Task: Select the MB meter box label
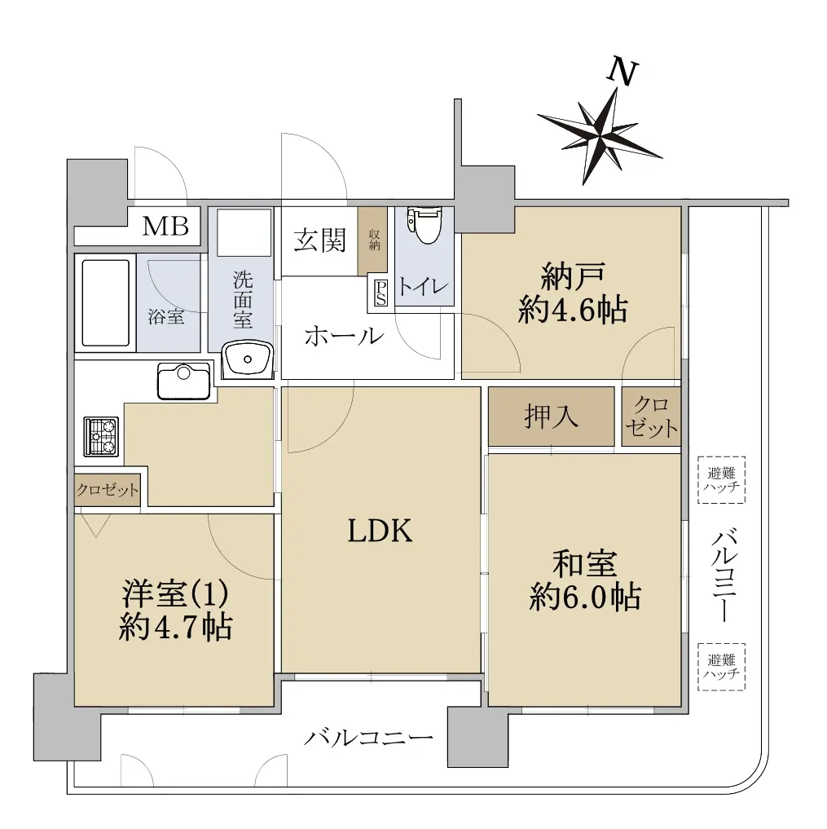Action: click(165, 226)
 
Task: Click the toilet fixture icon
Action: click(423, 226)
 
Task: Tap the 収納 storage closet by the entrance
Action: click(374, 240)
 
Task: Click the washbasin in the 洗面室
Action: click(247, 359)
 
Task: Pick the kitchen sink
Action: click(184, 381)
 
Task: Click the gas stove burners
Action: click(101, 436)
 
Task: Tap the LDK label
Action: click(381, 531)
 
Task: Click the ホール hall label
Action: click(343, 335)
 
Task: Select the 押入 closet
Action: click(552, 417)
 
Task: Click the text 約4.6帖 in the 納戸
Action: click(572, 310)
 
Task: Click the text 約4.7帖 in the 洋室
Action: click(174, 627)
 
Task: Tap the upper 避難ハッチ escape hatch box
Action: click(722, 480)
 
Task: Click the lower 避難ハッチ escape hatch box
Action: click(722, 667)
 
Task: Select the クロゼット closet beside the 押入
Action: click(650, 417)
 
